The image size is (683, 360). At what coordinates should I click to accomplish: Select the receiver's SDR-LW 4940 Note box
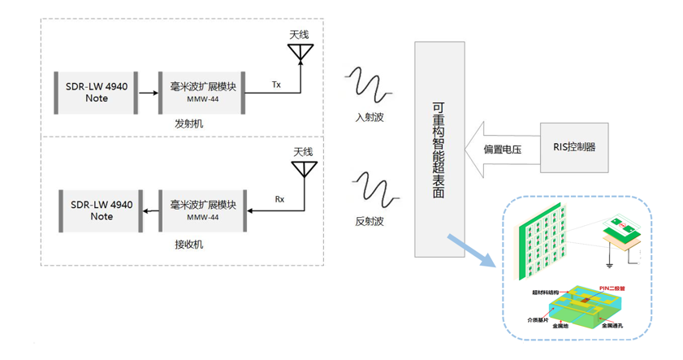click(102, 210)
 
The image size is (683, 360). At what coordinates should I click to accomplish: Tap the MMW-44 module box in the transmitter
click(202, 91)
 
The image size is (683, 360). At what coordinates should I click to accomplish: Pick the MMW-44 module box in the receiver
click(202, 210)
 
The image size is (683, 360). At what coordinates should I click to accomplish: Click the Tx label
click(276, 84)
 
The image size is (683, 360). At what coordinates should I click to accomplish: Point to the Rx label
click(280, 199)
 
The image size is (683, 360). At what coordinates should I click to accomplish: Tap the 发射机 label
click(188, 124)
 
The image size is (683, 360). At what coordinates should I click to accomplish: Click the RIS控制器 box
click(574, 147)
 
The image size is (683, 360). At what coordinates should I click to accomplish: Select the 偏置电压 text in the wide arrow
click(502, 150)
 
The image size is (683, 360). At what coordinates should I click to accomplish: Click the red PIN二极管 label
click(612, 287)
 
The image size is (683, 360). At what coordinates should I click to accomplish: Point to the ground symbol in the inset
click(609, 263)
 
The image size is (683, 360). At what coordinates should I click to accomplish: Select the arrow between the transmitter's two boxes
click(148, 92)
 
